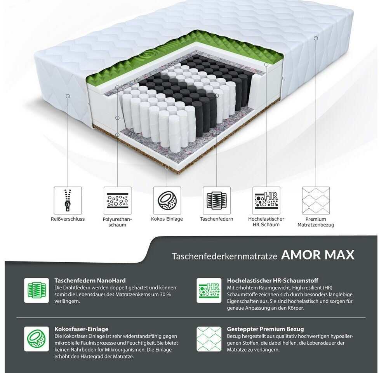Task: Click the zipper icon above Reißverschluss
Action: tap(68, 200)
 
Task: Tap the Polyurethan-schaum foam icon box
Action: tap(118, 200)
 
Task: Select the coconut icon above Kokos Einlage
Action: tap(167, 200)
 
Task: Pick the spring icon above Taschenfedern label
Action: tap(217, 200)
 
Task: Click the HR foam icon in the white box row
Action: tap(266, 200)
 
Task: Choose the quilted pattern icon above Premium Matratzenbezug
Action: tap(316, 200)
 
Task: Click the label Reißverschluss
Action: tap(68, 219)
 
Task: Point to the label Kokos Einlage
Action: tap(167, 219)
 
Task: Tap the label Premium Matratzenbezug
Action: tap(316, 222)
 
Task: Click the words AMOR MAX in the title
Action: tap(318, 255)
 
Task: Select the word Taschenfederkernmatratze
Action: tap(224, 256)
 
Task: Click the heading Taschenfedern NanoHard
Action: tap(90, 281)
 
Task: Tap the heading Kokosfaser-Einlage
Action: tap(81, 329)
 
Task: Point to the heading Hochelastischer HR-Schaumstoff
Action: tap(273, 281)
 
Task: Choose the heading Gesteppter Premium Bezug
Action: tap(265, 329)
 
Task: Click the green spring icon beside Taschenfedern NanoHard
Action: tap(37, 290)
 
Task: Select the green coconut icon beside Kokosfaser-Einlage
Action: tap(37, 339)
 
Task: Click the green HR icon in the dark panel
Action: tap(209, 290)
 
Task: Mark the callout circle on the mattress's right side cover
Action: tap(316, 38)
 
